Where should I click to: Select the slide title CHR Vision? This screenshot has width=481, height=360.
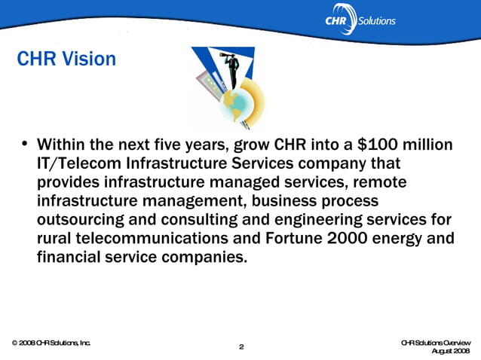[66, 59]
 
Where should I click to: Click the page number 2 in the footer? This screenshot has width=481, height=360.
[240, 346]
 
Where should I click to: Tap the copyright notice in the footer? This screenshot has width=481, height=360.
[51, 343]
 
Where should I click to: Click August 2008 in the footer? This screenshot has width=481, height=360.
[451, 351]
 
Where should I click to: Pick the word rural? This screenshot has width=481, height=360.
[57, 238]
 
